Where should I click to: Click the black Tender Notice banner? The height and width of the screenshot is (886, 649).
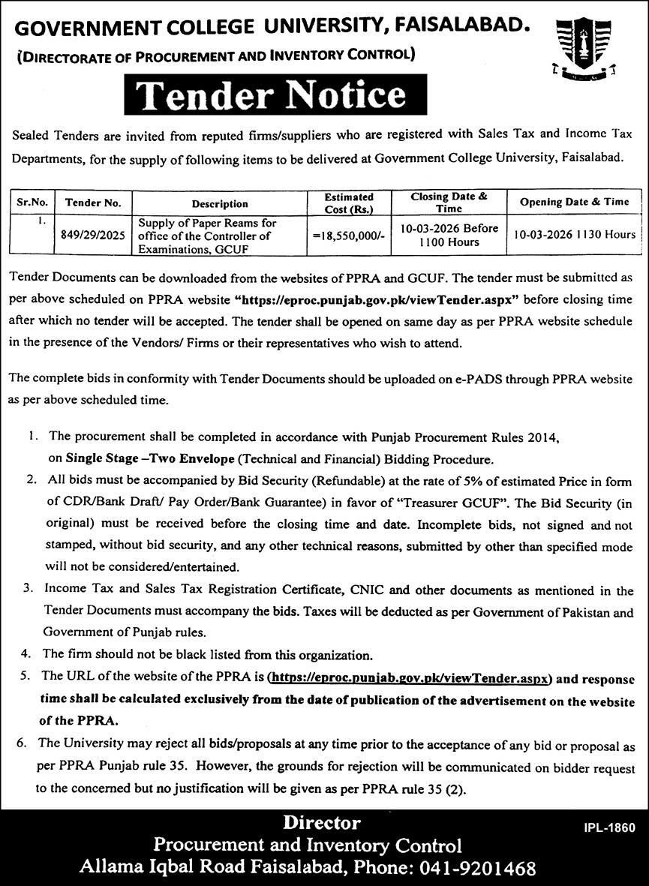pyautogui.click(x=271, y=95)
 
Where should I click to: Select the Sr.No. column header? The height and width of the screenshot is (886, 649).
pyautogui.click(x=33, y=203)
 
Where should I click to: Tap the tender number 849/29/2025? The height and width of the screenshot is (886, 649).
pyautogui.click(x=92, y=234)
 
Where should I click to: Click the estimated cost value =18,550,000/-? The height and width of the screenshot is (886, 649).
pyautogui.click(x=349, y=235)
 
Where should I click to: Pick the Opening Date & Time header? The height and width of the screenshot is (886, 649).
pyautogui.click(x=575, y=203)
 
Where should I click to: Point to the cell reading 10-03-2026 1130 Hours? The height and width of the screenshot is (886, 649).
pyautogui.click(x=575, y=234)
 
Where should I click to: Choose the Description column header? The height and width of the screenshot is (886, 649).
pyautogui.click(x=219, y=203)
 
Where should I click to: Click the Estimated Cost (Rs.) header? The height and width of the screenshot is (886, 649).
pyautogui.click(x=348, y=203)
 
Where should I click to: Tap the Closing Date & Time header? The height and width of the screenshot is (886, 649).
pyautogui.click(x=449, y=203)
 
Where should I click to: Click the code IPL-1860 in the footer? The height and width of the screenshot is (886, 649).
pyautogui.click(x=609, y=828)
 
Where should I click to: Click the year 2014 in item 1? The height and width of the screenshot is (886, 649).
pyautogui.click(x=542, y=436)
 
